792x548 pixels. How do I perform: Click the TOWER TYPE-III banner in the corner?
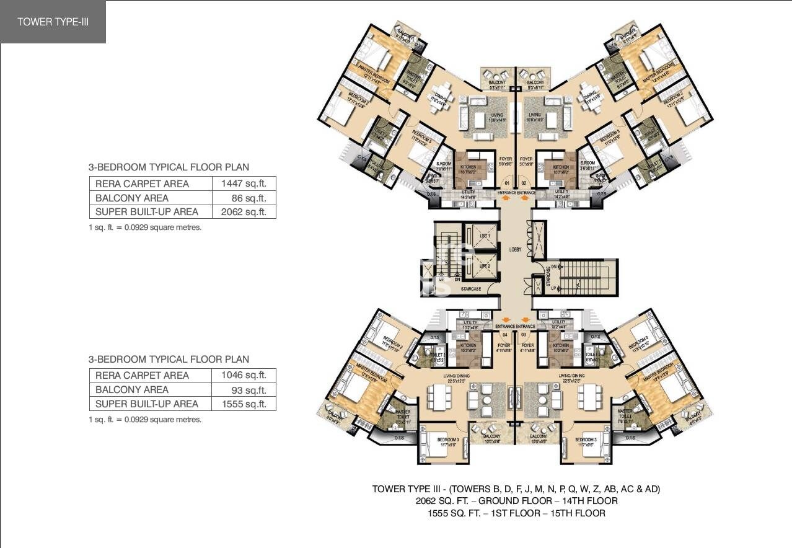click(x=53, y=22)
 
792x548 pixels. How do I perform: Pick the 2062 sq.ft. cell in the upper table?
click(x=244, y=212)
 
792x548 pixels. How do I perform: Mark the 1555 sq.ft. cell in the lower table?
click(x=244, y=404)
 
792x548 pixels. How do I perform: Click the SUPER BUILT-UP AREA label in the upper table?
click(x=147, y=212)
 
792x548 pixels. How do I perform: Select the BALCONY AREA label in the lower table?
click(x=132, y=390)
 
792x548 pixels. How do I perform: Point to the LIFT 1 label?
click(x=485, y=236)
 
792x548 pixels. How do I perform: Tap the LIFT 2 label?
click(x=485, y=266)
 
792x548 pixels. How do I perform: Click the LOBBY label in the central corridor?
click(x=516, y=249)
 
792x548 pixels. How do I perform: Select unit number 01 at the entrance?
click(x=506, y=184)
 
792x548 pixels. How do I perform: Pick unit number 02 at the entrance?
click(x=524, y=184)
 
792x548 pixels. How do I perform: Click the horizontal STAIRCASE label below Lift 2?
click(x=470, y=289)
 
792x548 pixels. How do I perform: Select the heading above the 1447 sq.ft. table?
click(x=169, y=167)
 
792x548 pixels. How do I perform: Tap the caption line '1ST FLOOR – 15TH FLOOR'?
click(x=516, y=513)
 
